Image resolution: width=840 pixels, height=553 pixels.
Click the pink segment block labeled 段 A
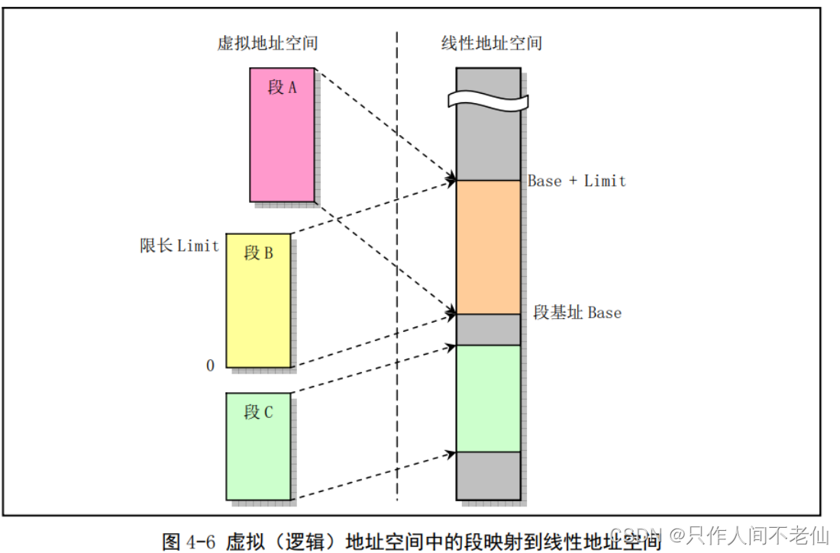[282, 145]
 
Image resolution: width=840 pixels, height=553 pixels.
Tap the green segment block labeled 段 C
[258, 458]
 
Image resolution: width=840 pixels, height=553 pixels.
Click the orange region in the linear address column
[488, 246]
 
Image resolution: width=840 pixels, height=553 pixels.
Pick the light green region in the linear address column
[488, 398]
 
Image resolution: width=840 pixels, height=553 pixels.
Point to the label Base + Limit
[577, 181]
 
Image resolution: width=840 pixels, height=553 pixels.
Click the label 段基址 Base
[577, 313]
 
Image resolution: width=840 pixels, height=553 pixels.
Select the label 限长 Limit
[179, 246]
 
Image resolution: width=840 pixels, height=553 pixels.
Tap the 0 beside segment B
[210, 366]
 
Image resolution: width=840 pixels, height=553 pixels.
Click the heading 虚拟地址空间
[267, 43]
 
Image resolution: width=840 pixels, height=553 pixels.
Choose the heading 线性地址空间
[492, 43]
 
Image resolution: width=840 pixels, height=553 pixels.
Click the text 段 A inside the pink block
[282, 88]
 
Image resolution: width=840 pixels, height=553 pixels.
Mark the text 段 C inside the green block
[258, 413]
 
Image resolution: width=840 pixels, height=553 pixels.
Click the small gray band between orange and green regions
[488, 330]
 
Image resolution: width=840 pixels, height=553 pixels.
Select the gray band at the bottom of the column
[488, 474]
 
